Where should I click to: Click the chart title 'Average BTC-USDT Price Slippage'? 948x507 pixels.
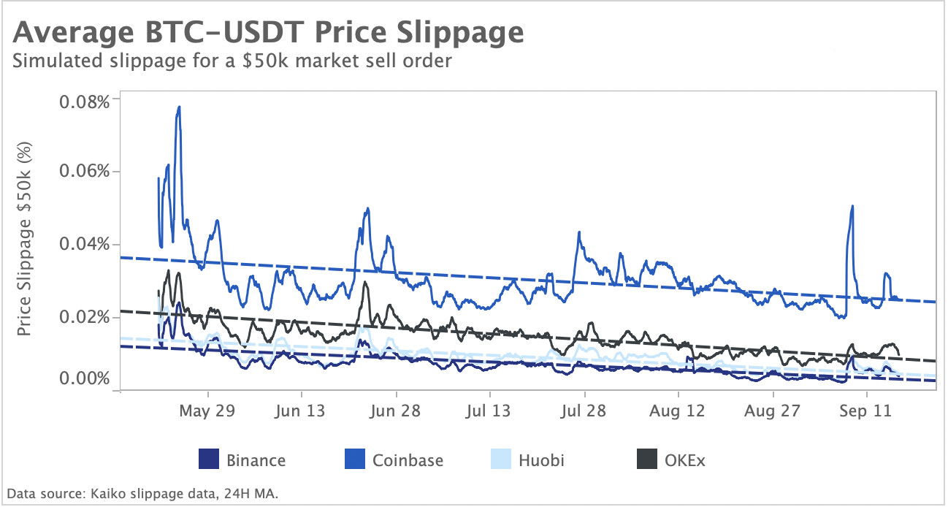[268, 34]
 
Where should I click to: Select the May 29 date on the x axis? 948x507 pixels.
[207, 411]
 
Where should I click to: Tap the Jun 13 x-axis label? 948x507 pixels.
[301, 411]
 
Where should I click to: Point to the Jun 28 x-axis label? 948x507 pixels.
[395, 411]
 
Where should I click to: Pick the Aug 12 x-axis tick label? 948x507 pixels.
[678, 411]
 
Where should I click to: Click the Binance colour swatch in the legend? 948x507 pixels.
[208, 460]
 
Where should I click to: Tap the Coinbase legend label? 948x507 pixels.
[408, 460]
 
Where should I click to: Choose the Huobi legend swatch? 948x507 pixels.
[500, 460]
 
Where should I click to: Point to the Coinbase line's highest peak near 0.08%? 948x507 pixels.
[179, 107]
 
